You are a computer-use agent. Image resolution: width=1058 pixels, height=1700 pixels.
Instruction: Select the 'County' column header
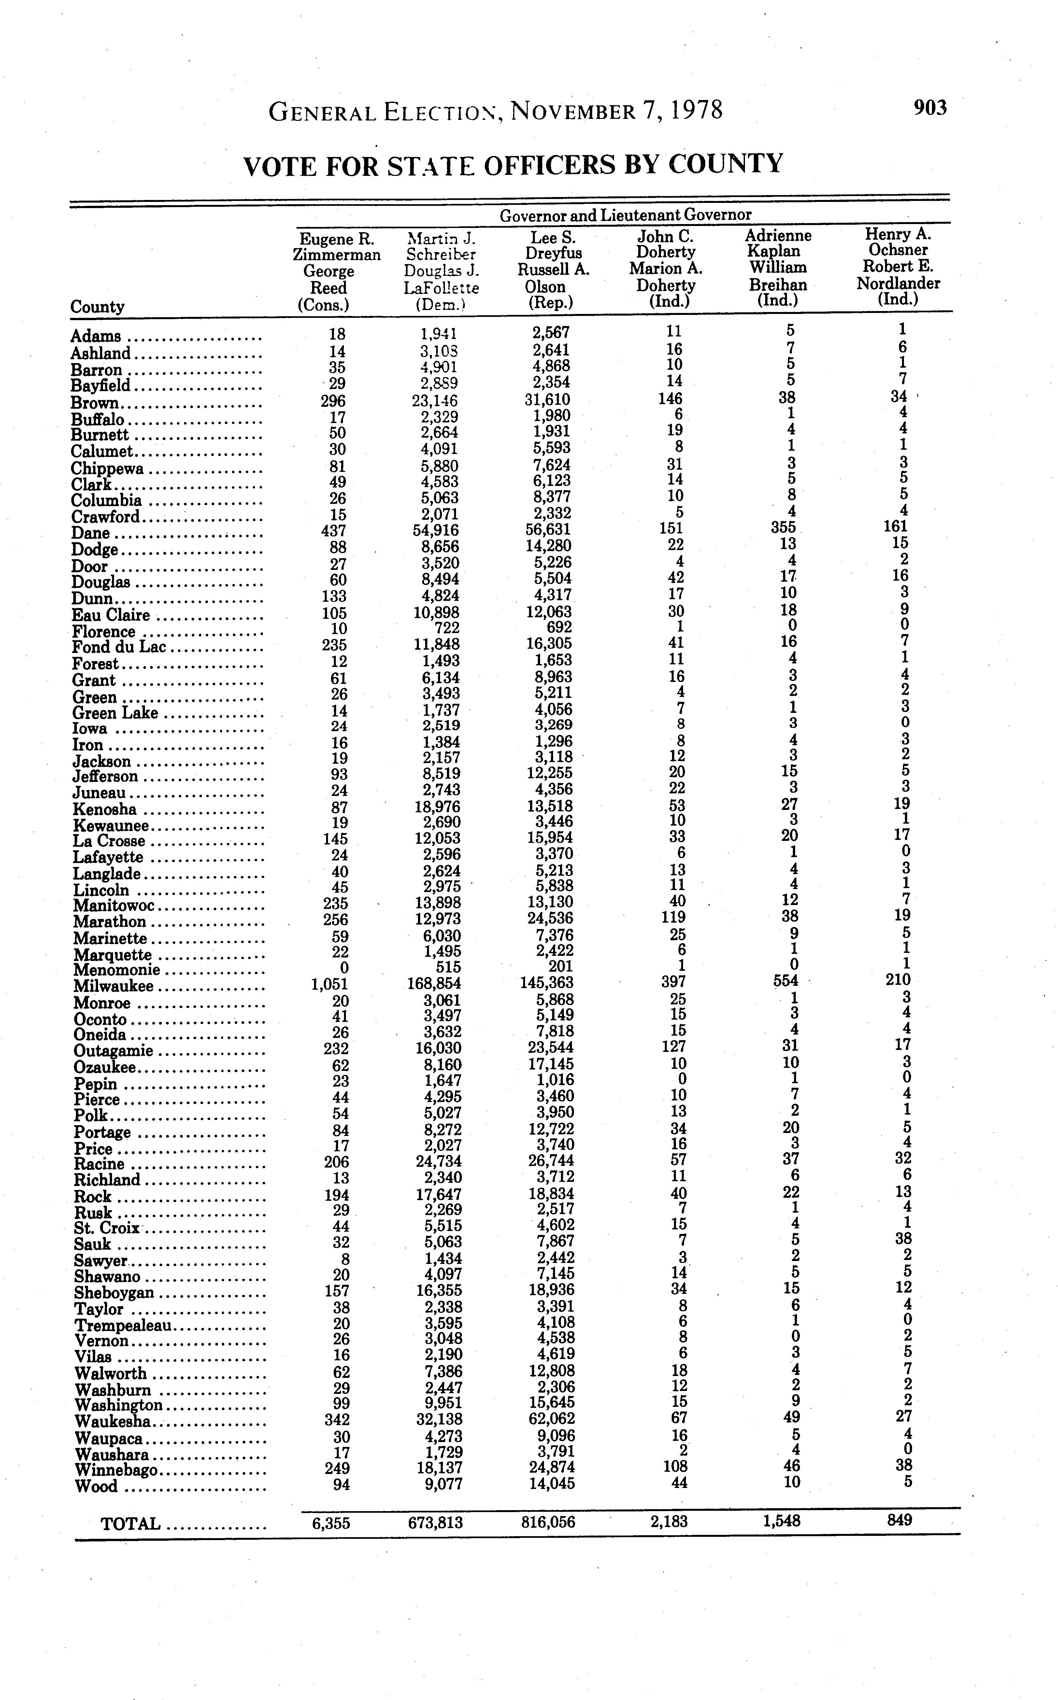[x=97, y=306]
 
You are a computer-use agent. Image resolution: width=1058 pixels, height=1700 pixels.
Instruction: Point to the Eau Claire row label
[x=110, y=615]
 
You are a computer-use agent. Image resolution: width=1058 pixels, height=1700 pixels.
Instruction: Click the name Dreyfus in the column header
[x=553, y=252]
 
